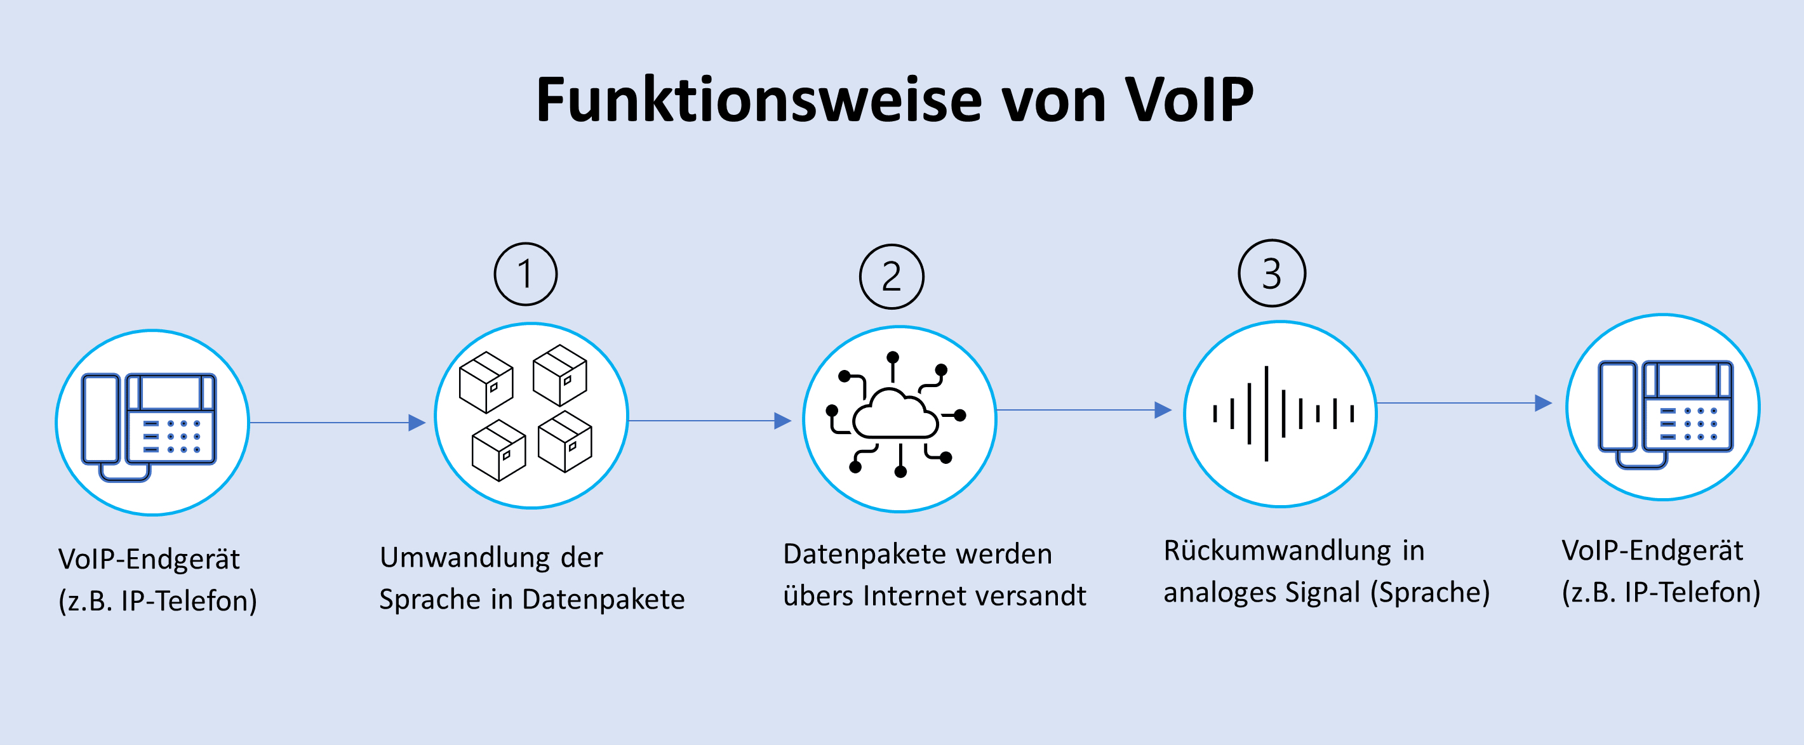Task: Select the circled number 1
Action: click(x=526, y=274)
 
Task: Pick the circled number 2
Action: click(x=892, y=277)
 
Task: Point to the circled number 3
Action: click(x=1272, y=273)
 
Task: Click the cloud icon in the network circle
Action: click(x=895, y=415)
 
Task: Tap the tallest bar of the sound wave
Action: click(x=1266, y=413)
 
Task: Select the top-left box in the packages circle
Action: click(x=486, y=382)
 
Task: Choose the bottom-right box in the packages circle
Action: click(x=565, y=442)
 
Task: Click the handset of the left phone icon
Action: click(x=101, y=419)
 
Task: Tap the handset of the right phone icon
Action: click(x=1618, y=406)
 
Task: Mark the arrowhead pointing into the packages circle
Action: click(x=417, y=422)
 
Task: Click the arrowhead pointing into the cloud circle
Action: click(x=783, y=421)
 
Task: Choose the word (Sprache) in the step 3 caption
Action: click(x=1429, y=592)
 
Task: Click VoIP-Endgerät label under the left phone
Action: click(x=149, y=558)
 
